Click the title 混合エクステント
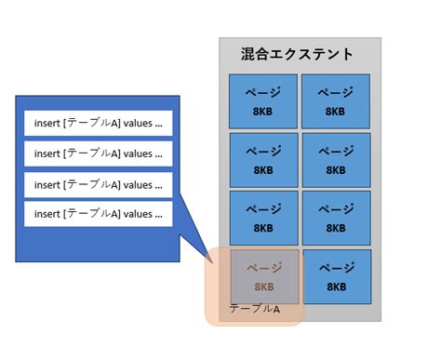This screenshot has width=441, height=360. pos(297,54)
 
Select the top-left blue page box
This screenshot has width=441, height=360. pos(263,101)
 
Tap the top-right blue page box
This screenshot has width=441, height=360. pos(336,101)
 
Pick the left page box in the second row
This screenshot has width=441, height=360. pos(263,160)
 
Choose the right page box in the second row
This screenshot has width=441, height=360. pos(336,160)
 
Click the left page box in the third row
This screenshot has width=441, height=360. pos(263,218)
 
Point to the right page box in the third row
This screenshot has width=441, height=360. pos(336,218)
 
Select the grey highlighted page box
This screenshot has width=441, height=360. pos(264,276)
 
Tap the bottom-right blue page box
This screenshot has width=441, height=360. pos(336,276)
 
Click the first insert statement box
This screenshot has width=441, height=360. pos(98,123)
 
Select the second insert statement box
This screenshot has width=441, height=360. pos(98,153)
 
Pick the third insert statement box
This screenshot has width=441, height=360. pos(98,184)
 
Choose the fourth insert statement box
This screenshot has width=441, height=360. pos(98,215)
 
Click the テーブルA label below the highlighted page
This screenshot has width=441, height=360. pos(254,309)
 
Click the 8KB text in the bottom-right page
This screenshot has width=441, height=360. pos(336,287)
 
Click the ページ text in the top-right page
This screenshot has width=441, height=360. pos(336,92)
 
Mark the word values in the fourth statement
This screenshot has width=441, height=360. pos(139,215)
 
